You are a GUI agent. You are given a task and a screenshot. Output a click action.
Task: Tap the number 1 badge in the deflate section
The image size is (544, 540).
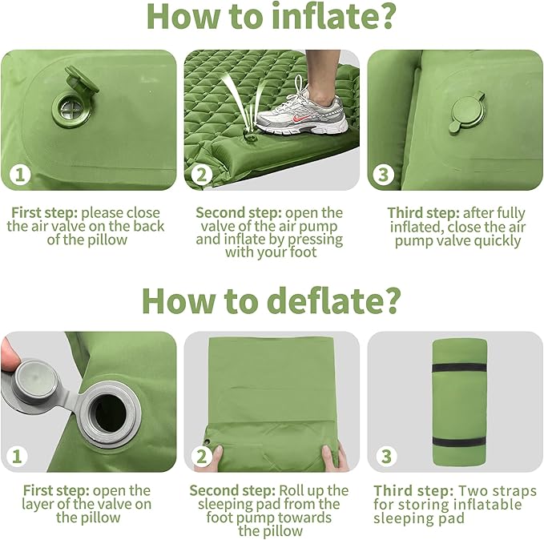[x=18, y=457]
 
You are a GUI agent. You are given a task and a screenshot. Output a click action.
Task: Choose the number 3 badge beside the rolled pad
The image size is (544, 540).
[x=386, y=457]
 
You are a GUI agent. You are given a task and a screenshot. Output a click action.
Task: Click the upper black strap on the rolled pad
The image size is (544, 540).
[x=459, y=367]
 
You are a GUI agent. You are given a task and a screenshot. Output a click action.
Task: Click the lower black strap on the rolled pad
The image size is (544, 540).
[x=459, y=442]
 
